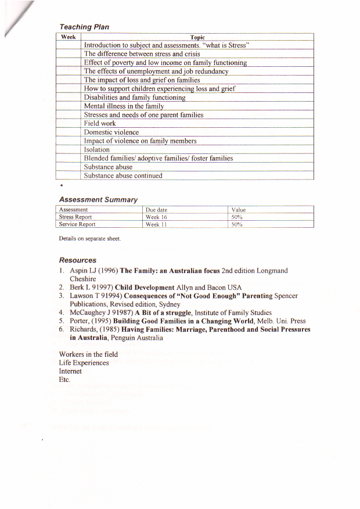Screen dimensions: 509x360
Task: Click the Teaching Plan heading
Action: tap(84, 27)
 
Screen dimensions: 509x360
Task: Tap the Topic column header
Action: tap(197, 37)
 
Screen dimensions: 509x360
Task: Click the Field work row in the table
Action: tap(100, 123)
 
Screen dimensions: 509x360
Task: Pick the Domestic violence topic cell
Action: tap(111, 132)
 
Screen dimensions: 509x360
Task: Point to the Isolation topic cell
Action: tap(97, 149)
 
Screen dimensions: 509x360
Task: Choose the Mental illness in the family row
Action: tap(124, 106)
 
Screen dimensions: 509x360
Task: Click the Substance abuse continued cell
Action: tap(123, 175)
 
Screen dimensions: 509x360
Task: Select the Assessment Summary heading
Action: tap(98, 199)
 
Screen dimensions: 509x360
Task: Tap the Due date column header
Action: tap(157, 210)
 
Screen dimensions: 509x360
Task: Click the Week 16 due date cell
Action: tap(156, 217)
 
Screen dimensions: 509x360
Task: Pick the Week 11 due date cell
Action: tap(156, 224)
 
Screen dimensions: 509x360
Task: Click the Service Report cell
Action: tap(77, 224)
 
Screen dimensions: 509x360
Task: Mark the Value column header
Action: tap(238, 210)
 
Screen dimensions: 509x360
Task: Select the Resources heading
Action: tap(78, 260)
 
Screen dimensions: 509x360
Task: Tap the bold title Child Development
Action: tap(145, 287)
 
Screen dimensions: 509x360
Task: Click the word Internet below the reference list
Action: tap(70, 371)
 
